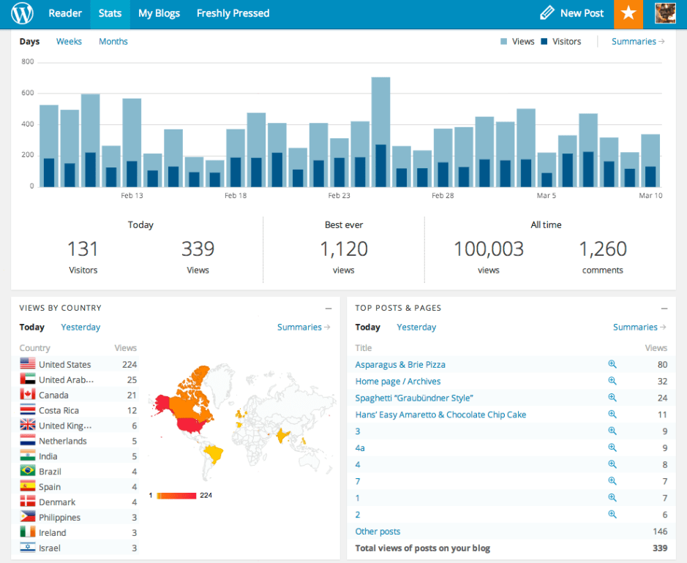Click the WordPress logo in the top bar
coord(23,13)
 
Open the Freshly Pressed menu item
coord(233,13)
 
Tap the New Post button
coord(572,13)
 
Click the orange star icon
coord(628,13)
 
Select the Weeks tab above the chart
coord(69,42)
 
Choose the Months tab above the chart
coord(113,42)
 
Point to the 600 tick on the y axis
coord(28,93)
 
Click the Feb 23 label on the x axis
coord(339,196)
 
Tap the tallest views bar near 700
coord(380,110)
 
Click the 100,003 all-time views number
coord(489,249)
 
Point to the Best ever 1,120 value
coord(343,249)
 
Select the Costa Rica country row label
coord(59,410)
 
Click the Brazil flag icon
coord(28,472)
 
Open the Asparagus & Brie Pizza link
coord(400,364)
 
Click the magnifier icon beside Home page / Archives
coord(612,381)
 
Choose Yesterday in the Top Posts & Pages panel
coord(416,328)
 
